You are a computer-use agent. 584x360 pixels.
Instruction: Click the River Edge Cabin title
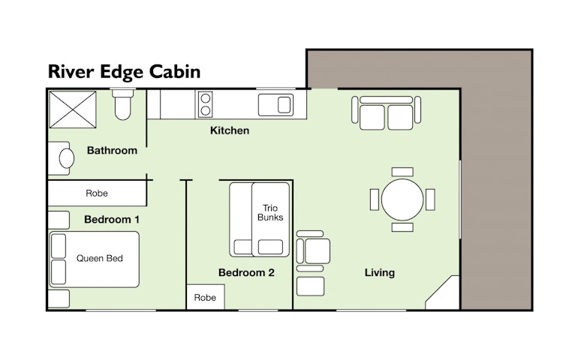(124, 72)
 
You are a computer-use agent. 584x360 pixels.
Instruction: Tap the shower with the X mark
(73, 109)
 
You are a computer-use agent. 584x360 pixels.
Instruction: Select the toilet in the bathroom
(122, 103)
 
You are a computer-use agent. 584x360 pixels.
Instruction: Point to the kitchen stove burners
(205, 104)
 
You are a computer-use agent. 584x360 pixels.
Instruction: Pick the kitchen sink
(276, 104)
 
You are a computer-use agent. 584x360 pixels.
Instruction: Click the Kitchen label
(230, 130)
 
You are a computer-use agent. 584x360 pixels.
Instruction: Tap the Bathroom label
(112, 151)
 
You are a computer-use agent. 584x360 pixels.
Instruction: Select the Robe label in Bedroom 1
(97, 193)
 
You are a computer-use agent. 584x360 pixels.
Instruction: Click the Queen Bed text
(99, 258)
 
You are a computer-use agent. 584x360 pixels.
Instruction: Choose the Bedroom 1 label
(112, 219)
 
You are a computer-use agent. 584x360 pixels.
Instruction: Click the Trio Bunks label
(270, 212)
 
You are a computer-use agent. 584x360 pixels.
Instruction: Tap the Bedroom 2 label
(246, 272)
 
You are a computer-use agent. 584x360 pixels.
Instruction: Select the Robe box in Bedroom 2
(206, 297)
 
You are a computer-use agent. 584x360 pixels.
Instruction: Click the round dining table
(402, 199)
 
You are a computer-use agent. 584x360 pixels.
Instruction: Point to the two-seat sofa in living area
(387, 112)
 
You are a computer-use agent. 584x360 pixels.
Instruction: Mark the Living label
(380, 272)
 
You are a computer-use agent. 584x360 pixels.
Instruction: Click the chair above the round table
(402, 172)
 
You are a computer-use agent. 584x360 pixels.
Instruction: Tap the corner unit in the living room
(442, 292)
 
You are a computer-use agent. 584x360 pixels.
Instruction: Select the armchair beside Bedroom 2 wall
(313, 251)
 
